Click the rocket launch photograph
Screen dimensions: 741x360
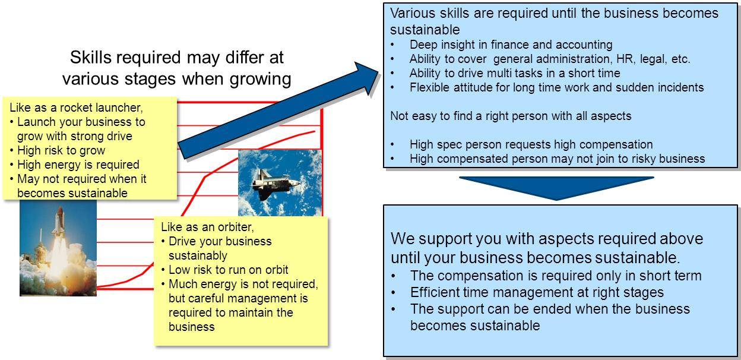(x=58, y=248)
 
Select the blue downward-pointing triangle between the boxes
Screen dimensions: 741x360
(x=556, y=188)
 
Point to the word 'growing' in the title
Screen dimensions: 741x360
(x=260, y=80)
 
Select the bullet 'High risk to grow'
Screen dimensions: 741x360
(x=61, y=150)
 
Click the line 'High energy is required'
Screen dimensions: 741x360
(x=78, y=165)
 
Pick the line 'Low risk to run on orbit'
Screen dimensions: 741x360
(x=228, y=270)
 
